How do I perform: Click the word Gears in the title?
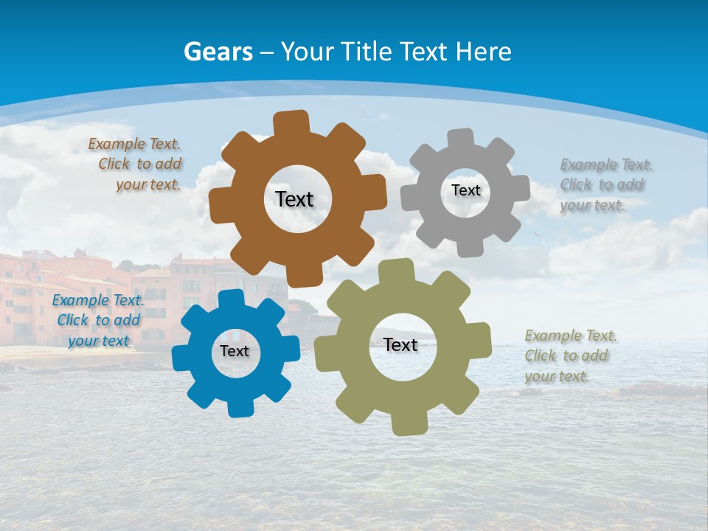218,52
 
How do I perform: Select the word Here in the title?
482,52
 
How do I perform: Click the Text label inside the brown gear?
294,199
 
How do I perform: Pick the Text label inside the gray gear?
465,190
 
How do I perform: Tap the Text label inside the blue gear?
235,351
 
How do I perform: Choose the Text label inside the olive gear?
400,344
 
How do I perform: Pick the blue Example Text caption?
98,320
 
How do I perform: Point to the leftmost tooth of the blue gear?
182,358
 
